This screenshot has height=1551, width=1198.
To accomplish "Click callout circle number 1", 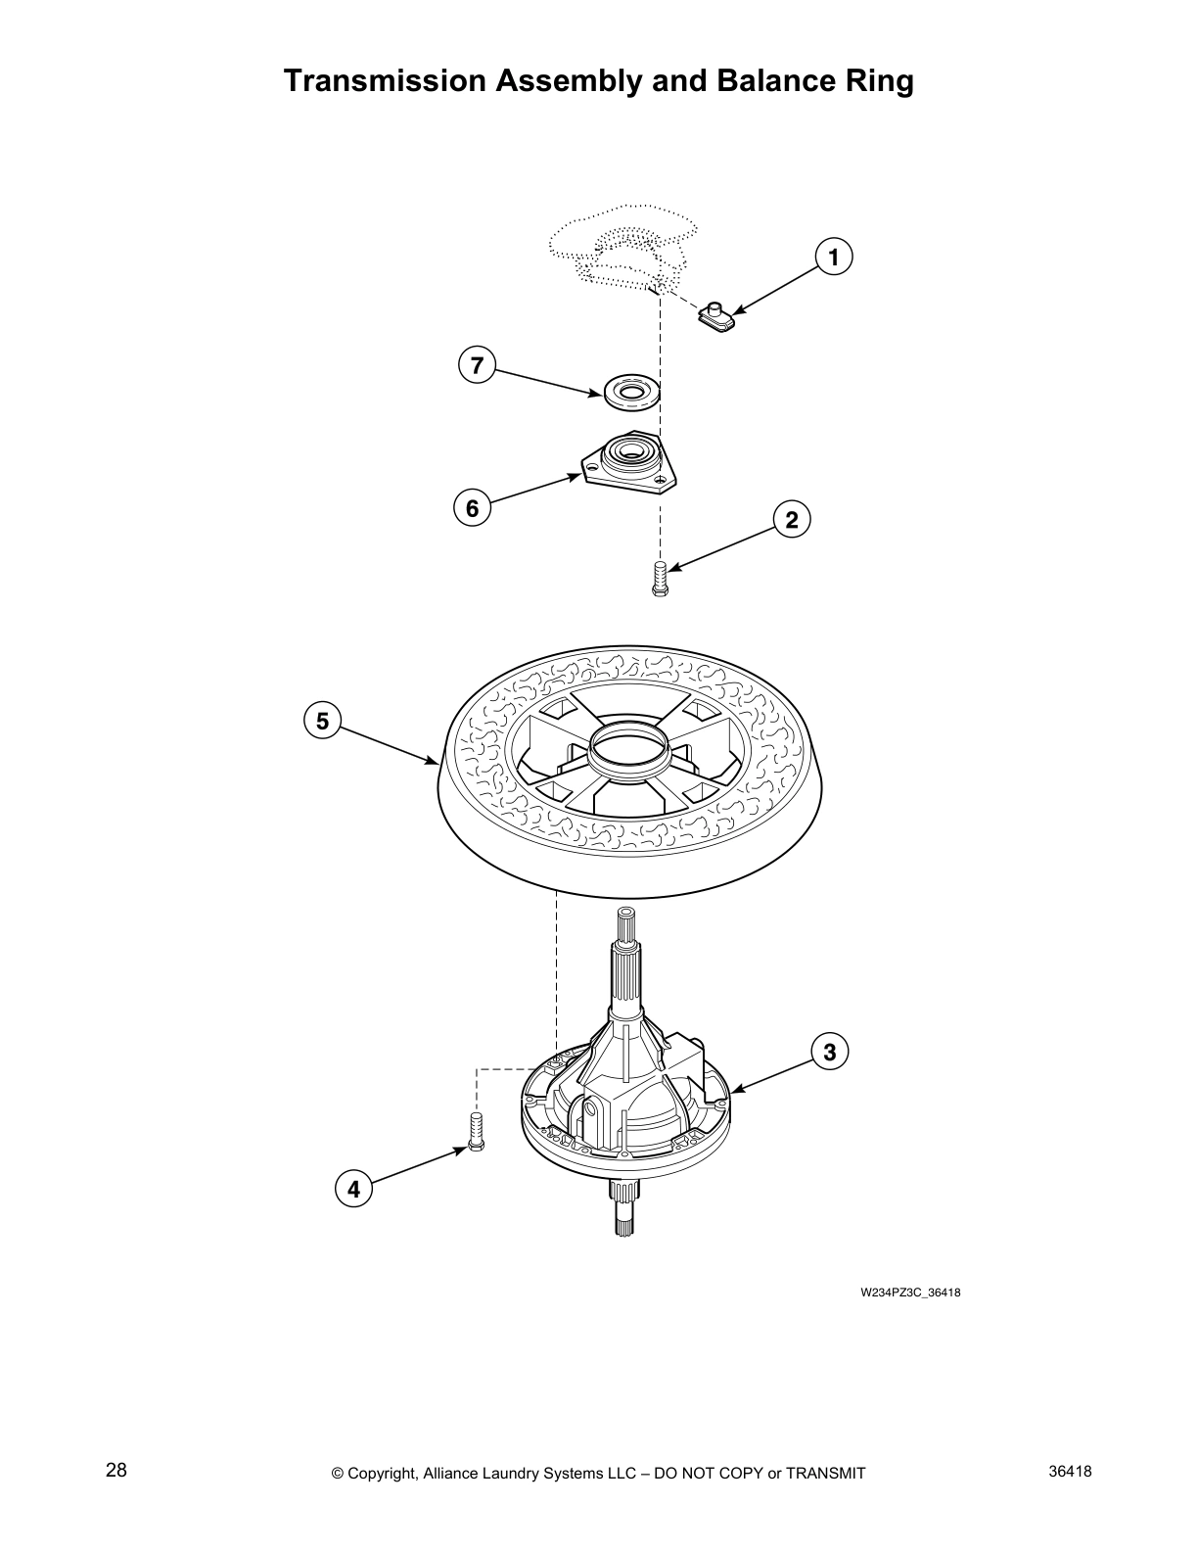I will [x=833, y=258].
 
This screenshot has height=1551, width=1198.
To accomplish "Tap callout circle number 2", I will [x=792, y=520].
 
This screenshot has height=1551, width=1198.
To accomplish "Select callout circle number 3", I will [x=829, y=1053].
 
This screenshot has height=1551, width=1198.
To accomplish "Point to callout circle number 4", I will [x=353, y=1190].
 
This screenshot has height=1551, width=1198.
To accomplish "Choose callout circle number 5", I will [x=322, y=722].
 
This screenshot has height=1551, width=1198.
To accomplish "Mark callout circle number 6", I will [x=472, y=508].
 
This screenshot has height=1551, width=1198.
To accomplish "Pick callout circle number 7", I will [x=477, y=365].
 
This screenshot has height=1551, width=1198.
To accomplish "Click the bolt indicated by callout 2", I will [x=659, y=577].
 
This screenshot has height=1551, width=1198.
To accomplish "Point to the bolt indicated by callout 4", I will [x=478, y=1133].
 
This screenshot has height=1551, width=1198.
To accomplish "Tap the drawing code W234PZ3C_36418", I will [x=910, y=1292].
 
